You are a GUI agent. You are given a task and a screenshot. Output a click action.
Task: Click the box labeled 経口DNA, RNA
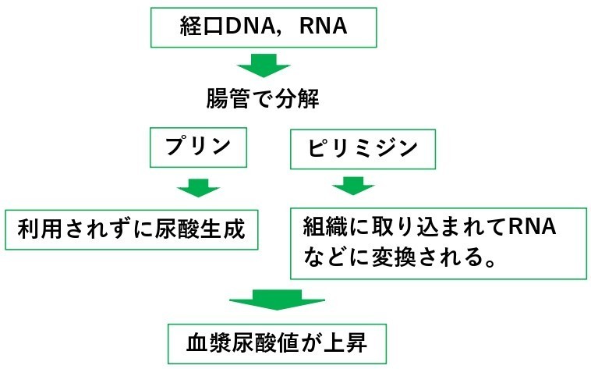pos(264,27)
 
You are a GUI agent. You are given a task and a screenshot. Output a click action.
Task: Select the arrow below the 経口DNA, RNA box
pos(264,66)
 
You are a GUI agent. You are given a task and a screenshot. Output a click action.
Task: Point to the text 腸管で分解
pos(262,99)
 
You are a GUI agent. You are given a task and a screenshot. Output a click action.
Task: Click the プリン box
pos(198,147)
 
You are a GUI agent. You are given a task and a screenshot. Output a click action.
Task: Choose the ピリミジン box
pos(363,149)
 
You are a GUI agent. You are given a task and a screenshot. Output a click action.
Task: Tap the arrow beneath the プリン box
pos(199,187)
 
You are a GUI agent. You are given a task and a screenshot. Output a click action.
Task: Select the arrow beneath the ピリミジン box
pos(353,186)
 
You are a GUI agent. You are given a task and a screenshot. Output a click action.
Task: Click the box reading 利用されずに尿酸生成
pos(132,230)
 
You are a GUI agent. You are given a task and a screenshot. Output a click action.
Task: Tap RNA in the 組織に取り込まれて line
pos(533,226)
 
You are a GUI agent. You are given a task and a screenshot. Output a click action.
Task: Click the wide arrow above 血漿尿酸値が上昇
pos(277,300)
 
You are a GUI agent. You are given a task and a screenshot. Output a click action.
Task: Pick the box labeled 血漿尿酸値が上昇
pos(277,344)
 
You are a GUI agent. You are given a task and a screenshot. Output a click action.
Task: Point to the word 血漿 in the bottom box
pos(209,343)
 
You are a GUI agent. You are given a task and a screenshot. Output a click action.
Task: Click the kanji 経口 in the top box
pos(202,26)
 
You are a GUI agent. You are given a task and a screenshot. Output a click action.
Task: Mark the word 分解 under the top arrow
pos(297,99)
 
